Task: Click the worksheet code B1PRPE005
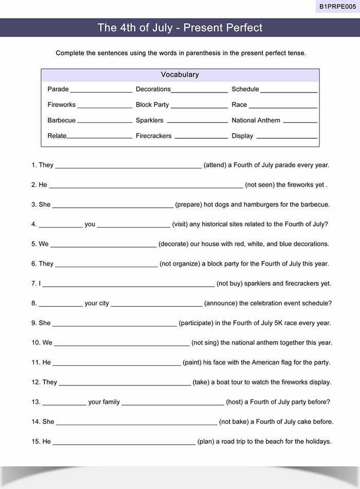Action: (x=337, y=6)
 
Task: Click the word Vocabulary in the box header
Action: (x=179, y=75)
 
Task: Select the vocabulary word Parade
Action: (x=58, y=89)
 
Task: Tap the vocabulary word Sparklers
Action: (x=149, y=120)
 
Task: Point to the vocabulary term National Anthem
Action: (x=256, y=120)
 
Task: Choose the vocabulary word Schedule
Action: (x=245, y=89)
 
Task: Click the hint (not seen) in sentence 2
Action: (x=260, y=185)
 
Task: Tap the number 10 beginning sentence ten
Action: (x=35, y=343)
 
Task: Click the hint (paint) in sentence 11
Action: (x=192, y=362)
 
